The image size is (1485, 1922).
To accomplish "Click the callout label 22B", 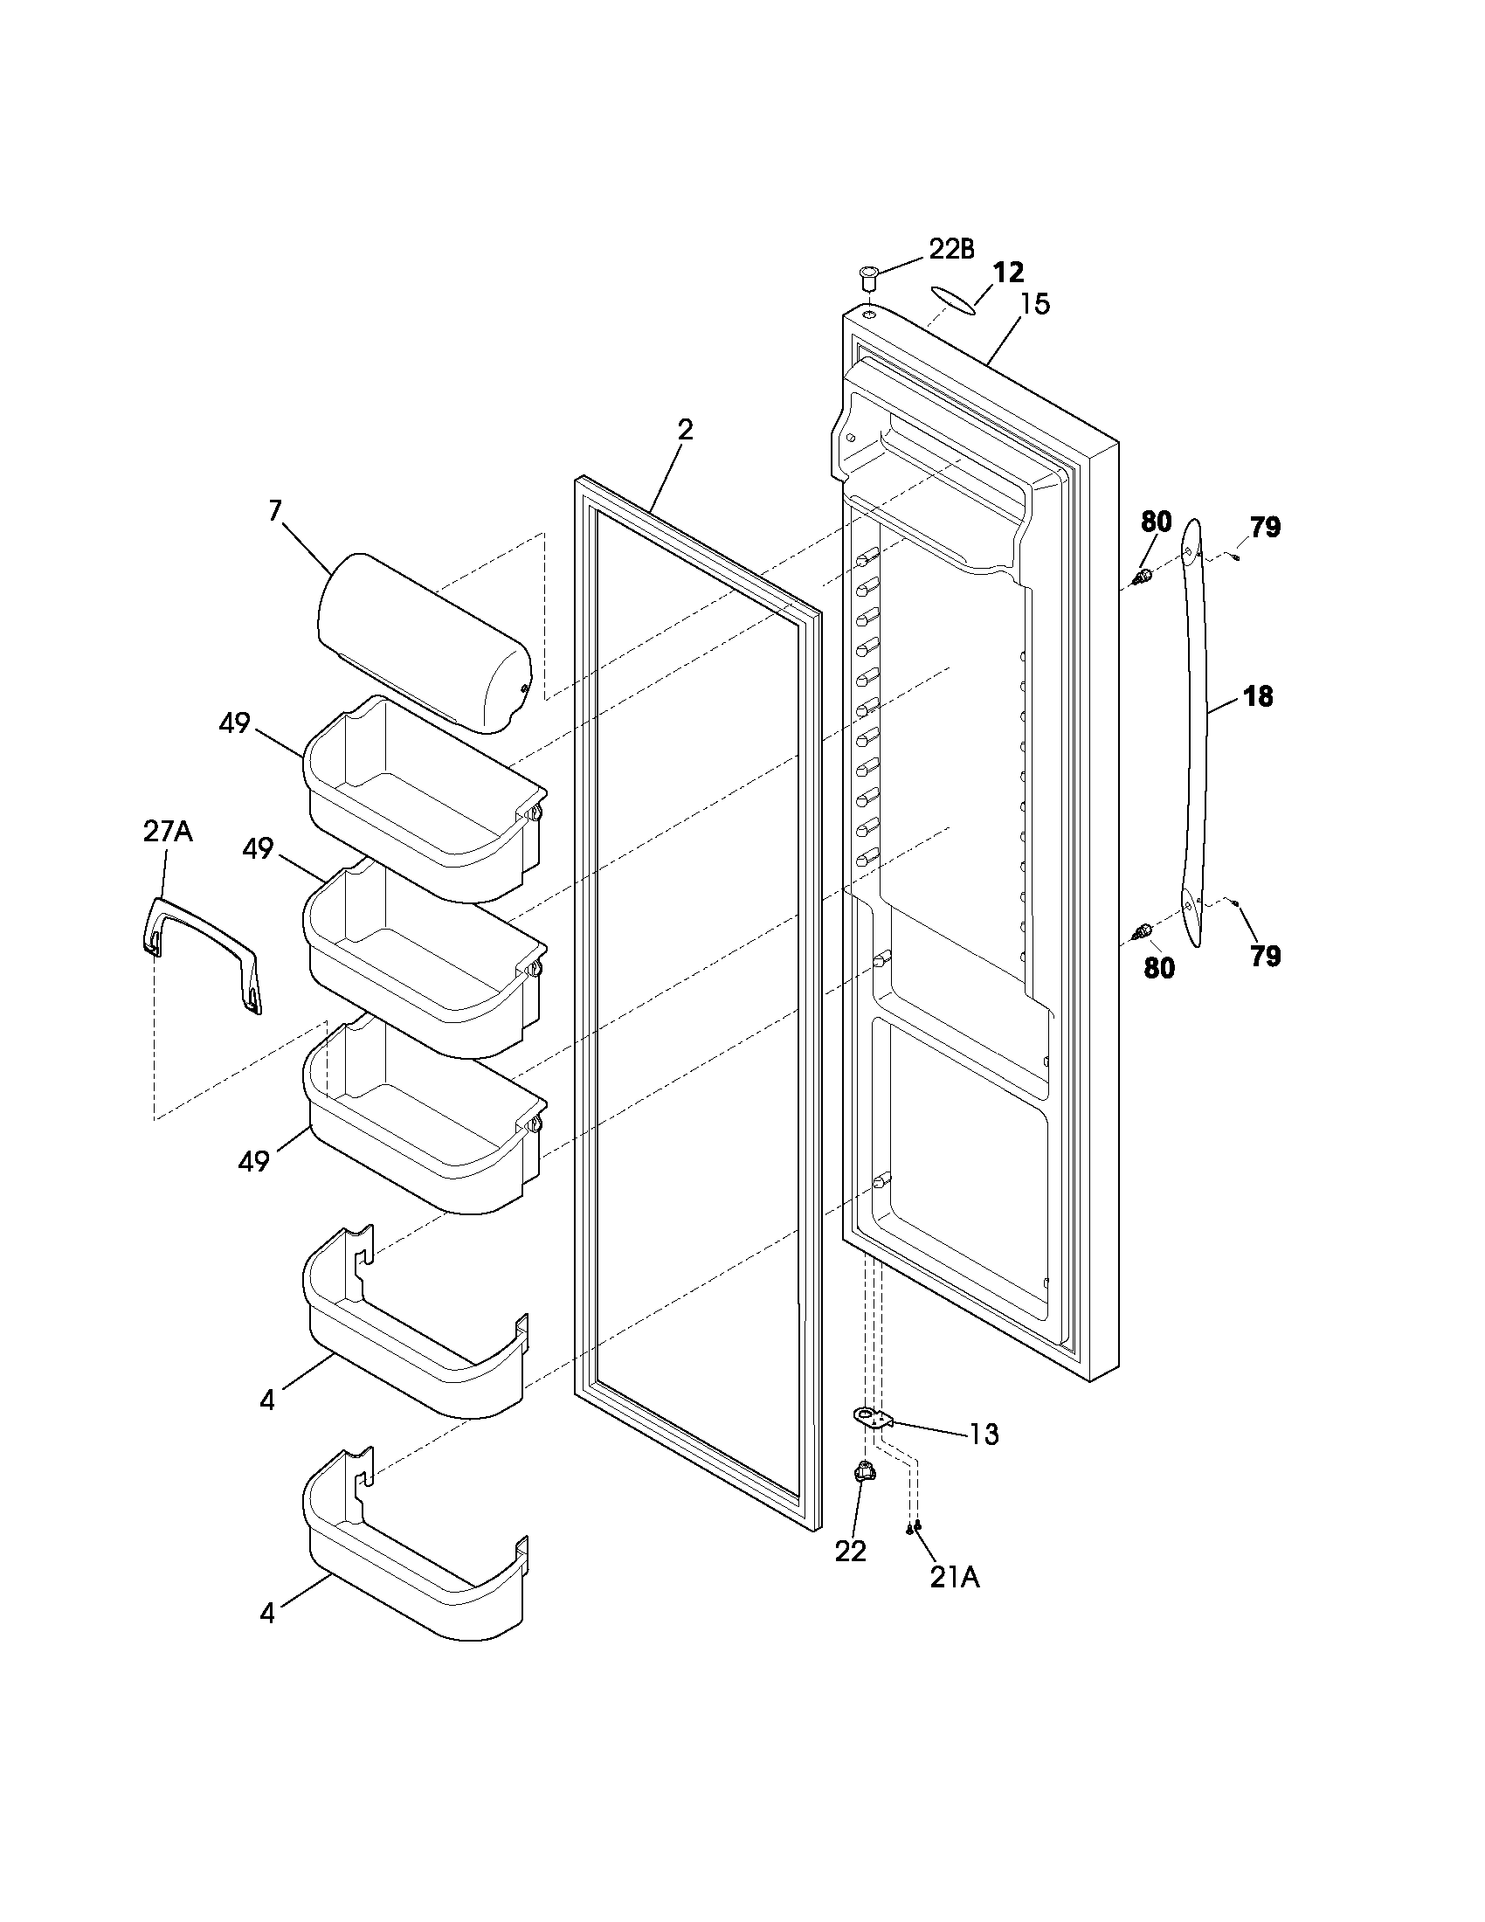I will [x=951, y=249].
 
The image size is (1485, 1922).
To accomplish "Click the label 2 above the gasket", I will [x=686, y=430].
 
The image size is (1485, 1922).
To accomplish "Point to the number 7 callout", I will [x=274, y=510].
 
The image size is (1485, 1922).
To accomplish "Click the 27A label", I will [x=167, y=832].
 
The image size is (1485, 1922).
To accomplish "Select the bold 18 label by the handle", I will [x=1258, y=697].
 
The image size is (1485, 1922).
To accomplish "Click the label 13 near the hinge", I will [x=984, y=1435].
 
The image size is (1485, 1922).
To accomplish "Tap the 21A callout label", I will [x=955, y=1578].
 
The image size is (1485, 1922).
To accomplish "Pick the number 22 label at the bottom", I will [x=851, y=1552].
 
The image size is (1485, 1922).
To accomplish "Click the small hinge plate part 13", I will [x=872, y=1416].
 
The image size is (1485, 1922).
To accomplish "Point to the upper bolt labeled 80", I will [x=1142, y=577].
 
